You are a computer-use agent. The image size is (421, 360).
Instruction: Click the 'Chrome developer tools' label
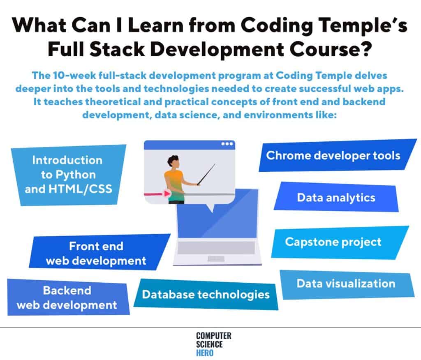click(x=333, y=155)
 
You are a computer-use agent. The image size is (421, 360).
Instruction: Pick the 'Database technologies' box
click(x=206, y=295)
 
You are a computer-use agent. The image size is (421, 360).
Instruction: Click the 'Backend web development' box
click(x=68, y=297)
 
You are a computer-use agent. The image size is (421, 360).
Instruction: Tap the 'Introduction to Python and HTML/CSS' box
click(x=69, y=175)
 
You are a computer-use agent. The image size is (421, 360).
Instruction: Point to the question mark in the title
click(x=365, y=49)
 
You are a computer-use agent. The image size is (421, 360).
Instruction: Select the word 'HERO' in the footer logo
click(x=205, y=353)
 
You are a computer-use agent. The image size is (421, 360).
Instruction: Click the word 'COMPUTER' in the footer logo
click(x=213, y=336)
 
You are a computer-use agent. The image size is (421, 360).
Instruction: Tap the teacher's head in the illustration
click(x=173, y=162)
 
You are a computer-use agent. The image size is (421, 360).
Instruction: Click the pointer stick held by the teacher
click(x=206, y=174)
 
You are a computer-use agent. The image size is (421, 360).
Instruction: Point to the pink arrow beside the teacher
click(x=157, y=194)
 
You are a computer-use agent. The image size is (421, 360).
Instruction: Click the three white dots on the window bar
click(x=227, y=143)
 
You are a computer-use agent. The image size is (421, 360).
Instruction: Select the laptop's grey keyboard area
click(x=216, y=247)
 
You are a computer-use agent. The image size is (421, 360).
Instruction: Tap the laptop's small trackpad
click(x=216, y=259)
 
